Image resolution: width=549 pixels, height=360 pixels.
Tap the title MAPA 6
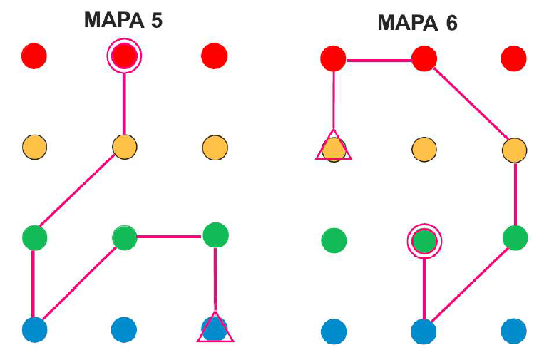tap(417, 24)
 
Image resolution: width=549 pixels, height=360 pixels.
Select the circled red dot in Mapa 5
tap(124, 55)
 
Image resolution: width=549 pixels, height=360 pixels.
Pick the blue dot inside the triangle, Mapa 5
tap(215, 328)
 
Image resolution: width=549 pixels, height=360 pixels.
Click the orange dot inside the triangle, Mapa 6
tap(333, 149)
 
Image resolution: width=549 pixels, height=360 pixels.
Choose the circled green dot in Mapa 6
tap(424, 241)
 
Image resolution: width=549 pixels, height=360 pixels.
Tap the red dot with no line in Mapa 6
tap(513, 57)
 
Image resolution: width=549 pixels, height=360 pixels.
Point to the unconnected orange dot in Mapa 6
tap(424, 150)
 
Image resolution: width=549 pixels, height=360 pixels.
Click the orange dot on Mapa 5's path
tap(124, 147)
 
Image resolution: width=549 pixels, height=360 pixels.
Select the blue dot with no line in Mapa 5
tap(124, 329)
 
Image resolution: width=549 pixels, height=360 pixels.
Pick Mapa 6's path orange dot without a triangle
tap(513, 150)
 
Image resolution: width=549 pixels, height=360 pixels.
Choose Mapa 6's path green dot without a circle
tap(515, 237)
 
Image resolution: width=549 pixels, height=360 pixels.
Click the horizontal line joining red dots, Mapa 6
tap(379, 60)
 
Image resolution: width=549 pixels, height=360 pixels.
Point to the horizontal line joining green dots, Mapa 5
tap(170, 236)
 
